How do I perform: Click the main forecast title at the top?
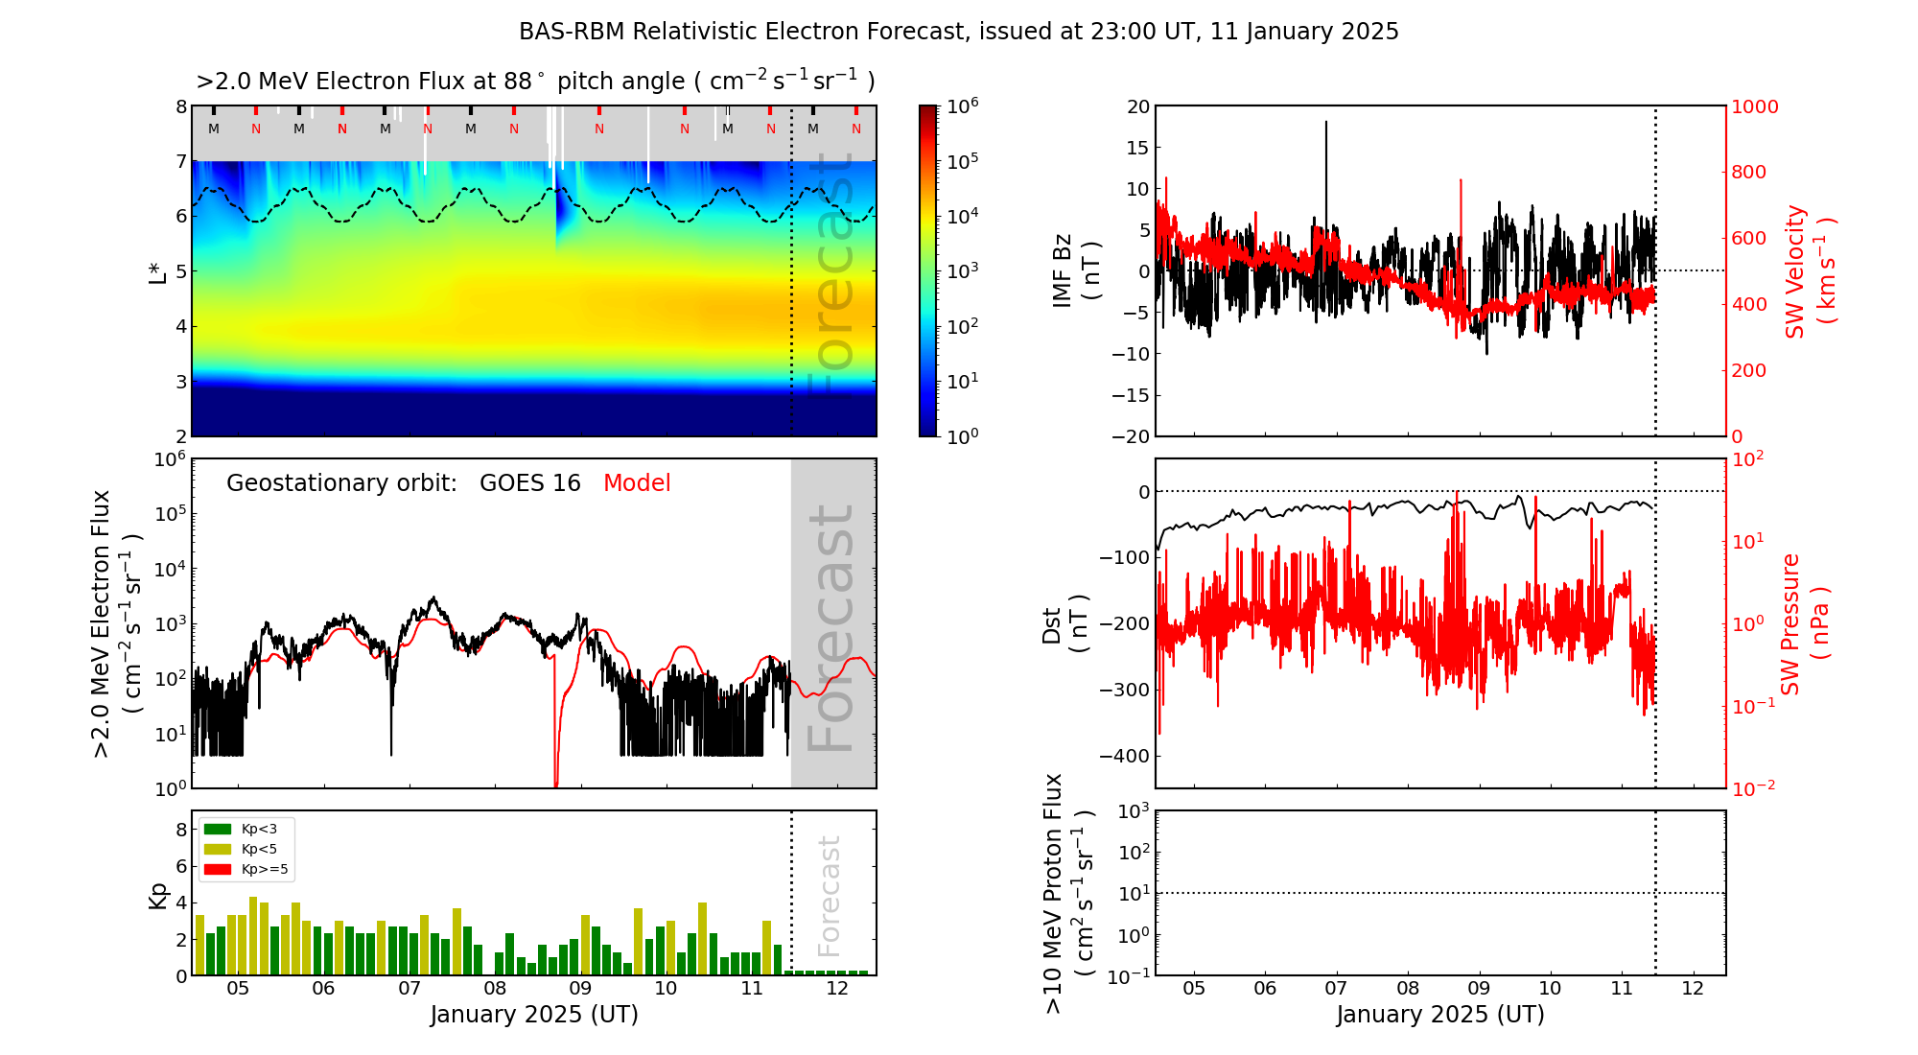point(958,32)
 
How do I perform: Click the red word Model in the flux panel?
point(637,483)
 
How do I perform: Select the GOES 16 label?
point(530,483)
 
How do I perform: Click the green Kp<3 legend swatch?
point(218,829)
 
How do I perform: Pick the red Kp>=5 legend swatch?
point(218,870)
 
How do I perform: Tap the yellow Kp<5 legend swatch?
point(218,849)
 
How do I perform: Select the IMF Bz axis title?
point(1075,270)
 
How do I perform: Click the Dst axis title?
point(1064,623)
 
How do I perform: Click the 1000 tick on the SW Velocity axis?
point(1755,106)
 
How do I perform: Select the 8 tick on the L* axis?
point(180,106)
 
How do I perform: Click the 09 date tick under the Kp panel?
point(580,989)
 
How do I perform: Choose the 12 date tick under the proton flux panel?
point(1693,989)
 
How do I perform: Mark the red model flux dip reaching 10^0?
point(556,777)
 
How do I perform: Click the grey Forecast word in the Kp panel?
point(829,896)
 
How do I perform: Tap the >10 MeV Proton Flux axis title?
point(1068,893)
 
